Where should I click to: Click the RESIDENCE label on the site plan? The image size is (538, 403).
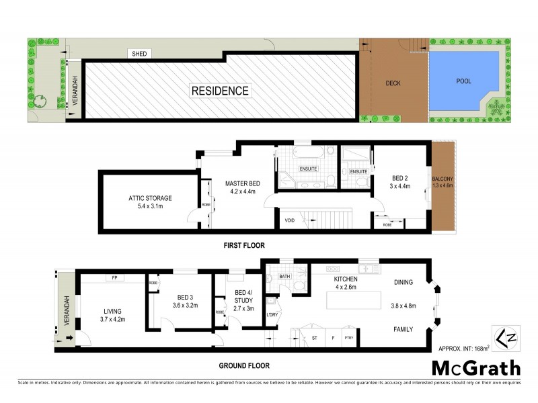point(220,91)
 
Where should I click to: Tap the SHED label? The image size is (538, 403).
point(139,54)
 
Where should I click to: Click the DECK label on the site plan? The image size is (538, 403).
point(393,84)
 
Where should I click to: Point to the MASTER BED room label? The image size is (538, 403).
point(242,183)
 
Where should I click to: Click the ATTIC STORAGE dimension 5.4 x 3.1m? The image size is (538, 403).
point(151,208)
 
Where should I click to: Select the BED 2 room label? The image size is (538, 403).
point(401,179)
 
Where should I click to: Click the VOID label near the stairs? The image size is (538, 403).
point(289,219)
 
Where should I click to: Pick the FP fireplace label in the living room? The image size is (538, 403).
point(114,277)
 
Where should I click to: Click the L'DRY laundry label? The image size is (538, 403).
point(272,315)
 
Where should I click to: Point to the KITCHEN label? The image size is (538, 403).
point(345,279)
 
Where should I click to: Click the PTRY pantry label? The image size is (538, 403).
point(348,338)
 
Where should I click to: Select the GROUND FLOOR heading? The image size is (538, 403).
point(245,366)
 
